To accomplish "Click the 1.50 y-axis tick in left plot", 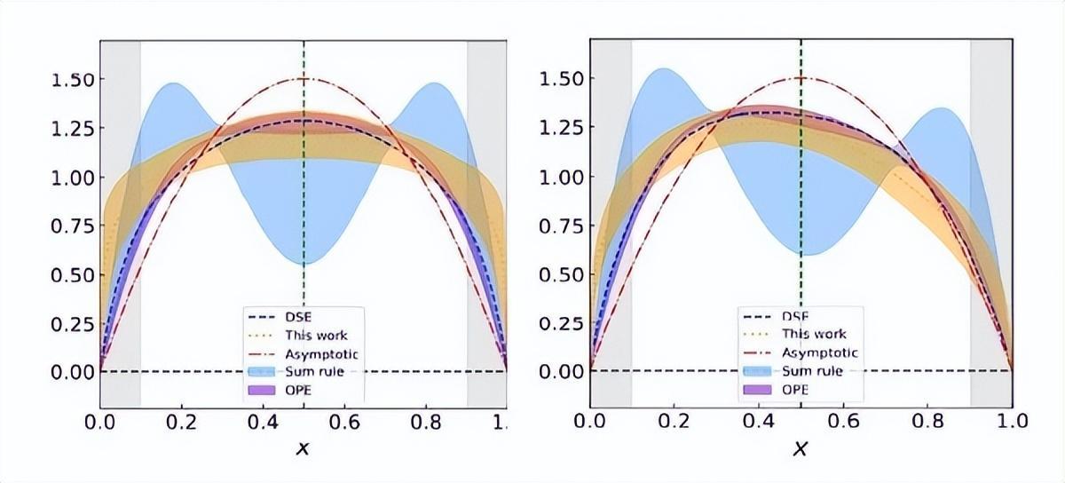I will pyautogui.click(x=71, y=80).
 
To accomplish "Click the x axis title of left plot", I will pyautogui.click(x=304, y=450).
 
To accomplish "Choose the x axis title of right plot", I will pyautogui.click(x=801, y=450).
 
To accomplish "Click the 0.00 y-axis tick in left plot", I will pyautogui.click(x=71, y=371).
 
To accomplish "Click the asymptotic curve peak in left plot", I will pyautogui.click(x=304, y=79).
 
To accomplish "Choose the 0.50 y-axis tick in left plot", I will pyautogui.click(x=71, y=274).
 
